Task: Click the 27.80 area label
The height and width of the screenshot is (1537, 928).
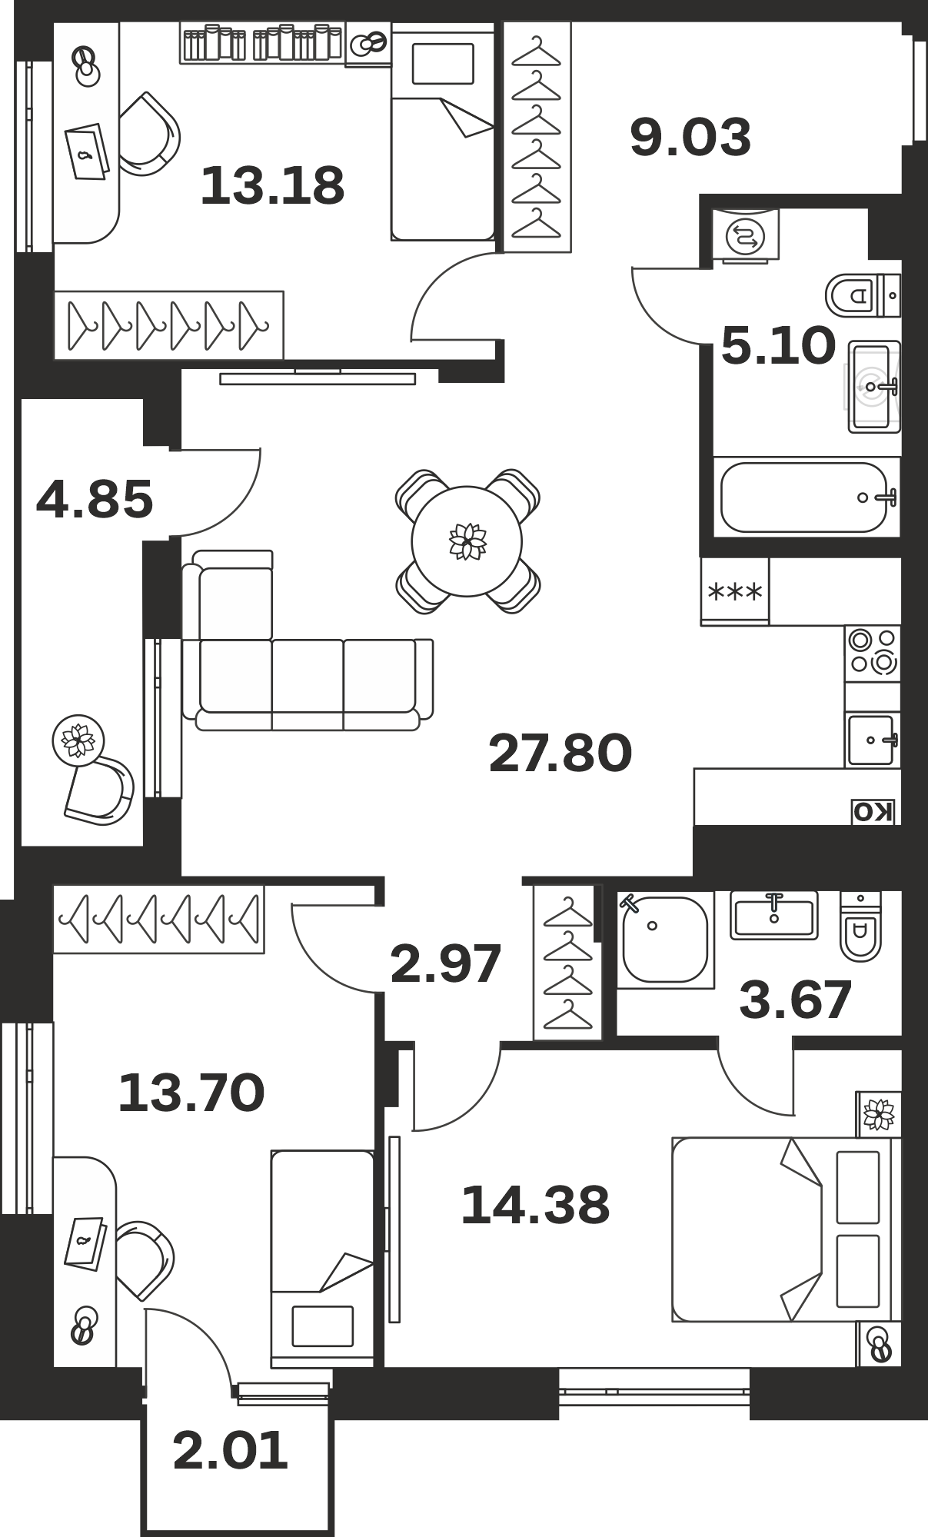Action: [560, 753]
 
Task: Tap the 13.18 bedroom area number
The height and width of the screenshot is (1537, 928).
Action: [272, 186]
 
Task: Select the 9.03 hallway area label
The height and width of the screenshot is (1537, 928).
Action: [690, 138]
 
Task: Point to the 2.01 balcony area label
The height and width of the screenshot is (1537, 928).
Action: [230, 1451]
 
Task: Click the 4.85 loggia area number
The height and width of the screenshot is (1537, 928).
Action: [95, 499]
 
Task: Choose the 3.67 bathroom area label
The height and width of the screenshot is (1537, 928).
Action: [796, 999]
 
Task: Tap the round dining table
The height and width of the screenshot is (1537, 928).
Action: [467, 541]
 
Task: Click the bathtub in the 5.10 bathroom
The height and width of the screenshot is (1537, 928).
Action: [807, 497]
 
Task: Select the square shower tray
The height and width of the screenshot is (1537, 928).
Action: [665, 939]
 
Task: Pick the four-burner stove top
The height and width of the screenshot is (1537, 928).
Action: [873, 652]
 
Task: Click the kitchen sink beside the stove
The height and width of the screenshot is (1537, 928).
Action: [873, 740]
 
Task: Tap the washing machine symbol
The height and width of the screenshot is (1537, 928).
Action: [746, 235]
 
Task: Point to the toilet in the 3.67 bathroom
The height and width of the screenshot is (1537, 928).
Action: [860, 927]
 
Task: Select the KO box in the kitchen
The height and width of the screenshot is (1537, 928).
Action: [874, 812]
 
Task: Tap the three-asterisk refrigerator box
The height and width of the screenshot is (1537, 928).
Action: [735, 591]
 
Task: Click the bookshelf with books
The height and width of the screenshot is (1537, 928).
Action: [262, 42]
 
